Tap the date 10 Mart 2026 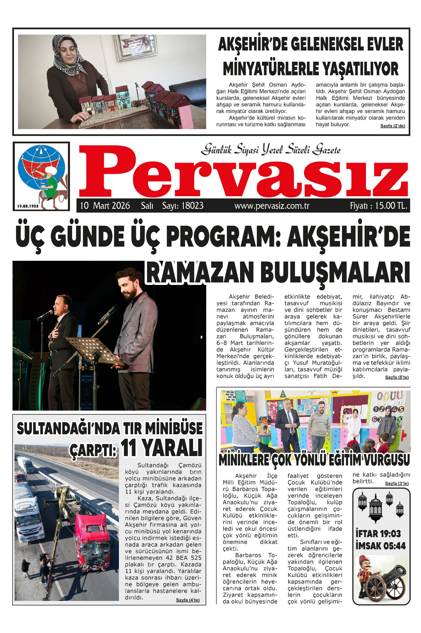click(x=105, y=206)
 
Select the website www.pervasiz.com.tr click(x=272, y=206)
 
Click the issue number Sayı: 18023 click(x=183, y=206)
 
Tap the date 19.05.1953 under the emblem click(x=28, y=206)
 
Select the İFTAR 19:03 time click(x=378, y=534)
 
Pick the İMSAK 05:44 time click(x=380, y=546)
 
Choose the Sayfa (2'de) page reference click(x=393, y=126)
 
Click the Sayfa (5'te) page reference click(x=397, y=377)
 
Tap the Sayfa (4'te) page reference click(x=188, y=600)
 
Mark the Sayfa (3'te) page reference click(x=397, y=483)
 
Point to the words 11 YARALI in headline click(x=162, y=448)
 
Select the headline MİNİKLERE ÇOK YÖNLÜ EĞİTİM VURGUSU click(x=314, y=460)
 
